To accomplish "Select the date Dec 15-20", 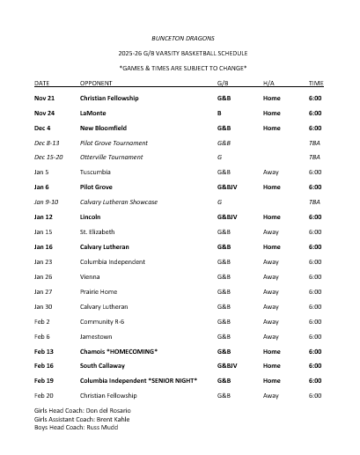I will pos(48,157).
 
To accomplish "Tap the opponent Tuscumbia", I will pos(97,172).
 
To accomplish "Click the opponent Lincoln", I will pos(92,216).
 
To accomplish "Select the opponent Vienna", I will pos(91,276).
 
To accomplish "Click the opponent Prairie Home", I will pos(99,291).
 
